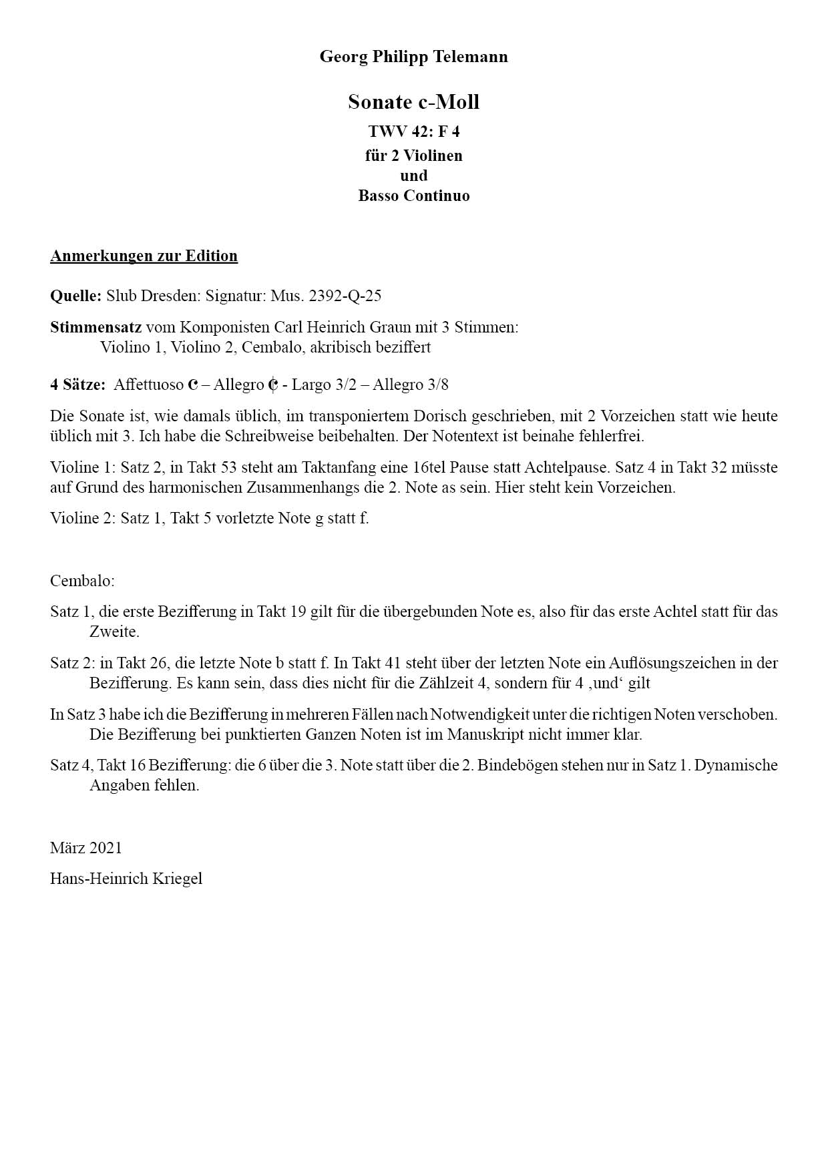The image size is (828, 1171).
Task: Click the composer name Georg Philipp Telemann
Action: click(x=413, y=57)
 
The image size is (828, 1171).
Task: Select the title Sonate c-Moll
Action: click(x=413, y=102)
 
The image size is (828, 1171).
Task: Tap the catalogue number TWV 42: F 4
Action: click(x=413, y=132)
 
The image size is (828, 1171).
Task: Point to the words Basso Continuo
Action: click(x=413, y=196)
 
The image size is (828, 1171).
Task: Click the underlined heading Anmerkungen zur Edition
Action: click(x=144, y=256)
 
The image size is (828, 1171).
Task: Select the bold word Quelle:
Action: click(x=75, y=296)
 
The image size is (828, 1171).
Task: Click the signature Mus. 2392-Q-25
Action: click(x=326, y=296)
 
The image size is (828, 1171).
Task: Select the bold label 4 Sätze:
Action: click(x=77, y=385)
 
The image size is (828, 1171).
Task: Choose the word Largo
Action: click(x=312, y=385)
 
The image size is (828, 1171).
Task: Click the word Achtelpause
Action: click(x=560, y=467)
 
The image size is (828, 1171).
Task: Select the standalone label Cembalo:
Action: click(x=82, y=581)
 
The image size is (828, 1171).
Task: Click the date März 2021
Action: click(x=86, y=848)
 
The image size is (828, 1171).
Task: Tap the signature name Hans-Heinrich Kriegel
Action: click(x=126, y=879)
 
